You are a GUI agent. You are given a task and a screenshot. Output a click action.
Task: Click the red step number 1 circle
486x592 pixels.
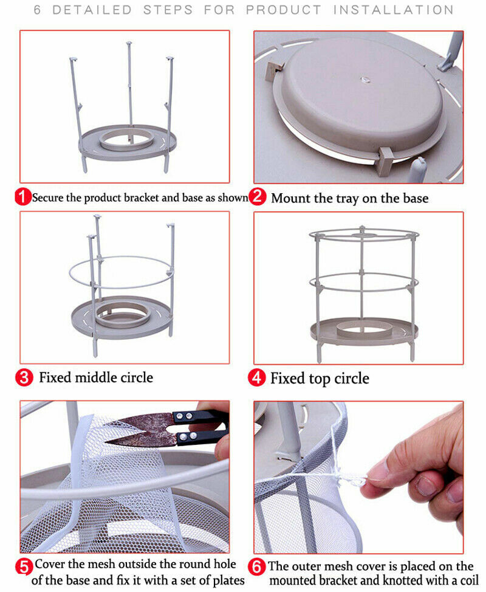tap(23, 197)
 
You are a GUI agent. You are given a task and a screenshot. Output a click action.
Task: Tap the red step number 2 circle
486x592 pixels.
tap(258, 196)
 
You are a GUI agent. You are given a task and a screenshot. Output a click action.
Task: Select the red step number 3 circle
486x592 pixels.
tap(24, 377)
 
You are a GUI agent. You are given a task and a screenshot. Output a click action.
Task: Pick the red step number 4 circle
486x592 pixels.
tap(257, 377)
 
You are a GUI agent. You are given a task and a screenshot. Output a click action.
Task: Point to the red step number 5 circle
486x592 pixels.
tap(24, 567)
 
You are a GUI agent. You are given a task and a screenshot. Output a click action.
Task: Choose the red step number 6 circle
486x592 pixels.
tap(257, 567)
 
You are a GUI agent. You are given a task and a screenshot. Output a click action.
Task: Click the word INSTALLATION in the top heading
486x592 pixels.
tap(393, 10)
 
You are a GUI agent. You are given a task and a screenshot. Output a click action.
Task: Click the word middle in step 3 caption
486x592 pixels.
tap(96, 377)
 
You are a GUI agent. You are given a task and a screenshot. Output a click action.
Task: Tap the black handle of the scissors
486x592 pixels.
tap(200, 427)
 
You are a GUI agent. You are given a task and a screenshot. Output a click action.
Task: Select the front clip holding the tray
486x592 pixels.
tap(385, 161)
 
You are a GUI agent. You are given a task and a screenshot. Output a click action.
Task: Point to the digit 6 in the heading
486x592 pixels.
tap(37, 10)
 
